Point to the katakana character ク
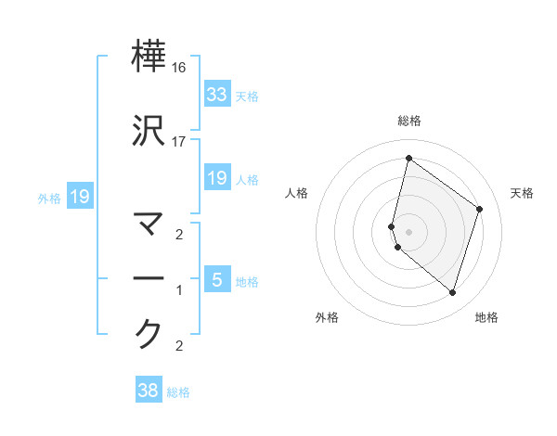149,333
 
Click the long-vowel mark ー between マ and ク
149,278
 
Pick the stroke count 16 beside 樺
179,69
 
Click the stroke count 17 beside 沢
179,142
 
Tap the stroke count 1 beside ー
179,290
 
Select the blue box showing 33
216,94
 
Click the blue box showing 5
216,278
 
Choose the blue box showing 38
149,391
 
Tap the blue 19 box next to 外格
79,196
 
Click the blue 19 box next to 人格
216,177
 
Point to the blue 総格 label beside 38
178,392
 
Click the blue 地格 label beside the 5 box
247,281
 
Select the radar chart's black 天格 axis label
522,193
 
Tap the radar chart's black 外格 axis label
327,317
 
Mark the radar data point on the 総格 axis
408,158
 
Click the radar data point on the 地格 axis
452,292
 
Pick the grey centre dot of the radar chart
408,231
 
